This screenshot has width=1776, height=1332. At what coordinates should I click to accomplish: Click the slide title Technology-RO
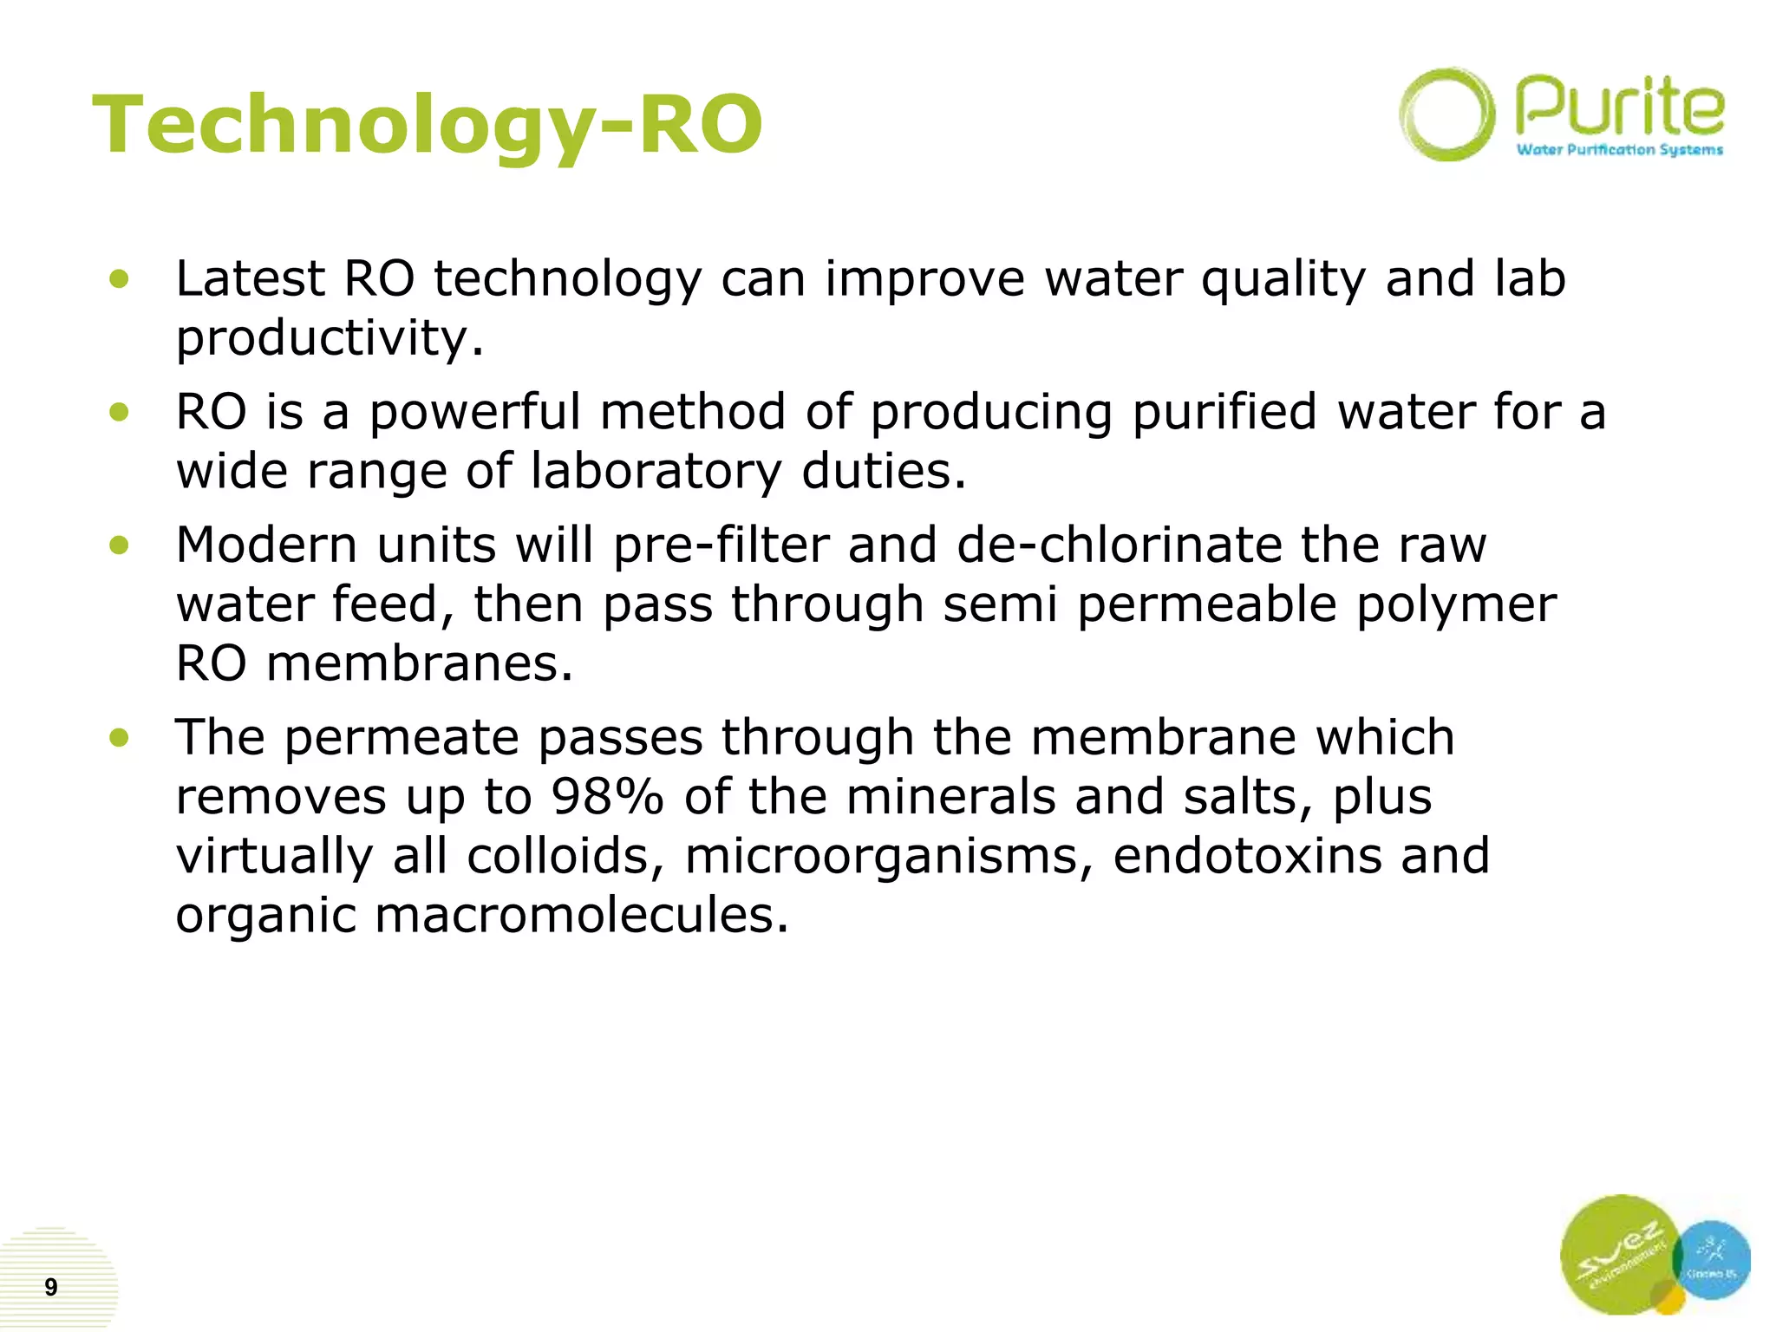427,126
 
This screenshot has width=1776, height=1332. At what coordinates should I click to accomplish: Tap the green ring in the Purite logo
1446,114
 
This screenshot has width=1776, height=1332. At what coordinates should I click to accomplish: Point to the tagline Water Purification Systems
1619,150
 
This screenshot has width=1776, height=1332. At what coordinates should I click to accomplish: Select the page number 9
51,1287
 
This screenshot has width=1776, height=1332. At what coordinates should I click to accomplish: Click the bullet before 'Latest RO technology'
120,279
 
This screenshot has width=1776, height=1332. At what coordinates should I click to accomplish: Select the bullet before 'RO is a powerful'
120,412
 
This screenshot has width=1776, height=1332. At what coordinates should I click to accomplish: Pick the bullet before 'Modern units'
120,545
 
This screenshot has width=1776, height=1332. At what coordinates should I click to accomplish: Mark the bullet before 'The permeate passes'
120,738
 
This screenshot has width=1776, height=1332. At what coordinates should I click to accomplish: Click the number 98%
606,797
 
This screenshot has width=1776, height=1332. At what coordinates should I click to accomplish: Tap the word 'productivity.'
330,338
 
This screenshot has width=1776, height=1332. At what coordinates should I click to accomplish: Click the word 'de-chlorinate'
1120,545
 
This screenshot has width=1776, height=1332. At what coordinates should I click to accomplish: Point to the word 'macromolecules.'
582,915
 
